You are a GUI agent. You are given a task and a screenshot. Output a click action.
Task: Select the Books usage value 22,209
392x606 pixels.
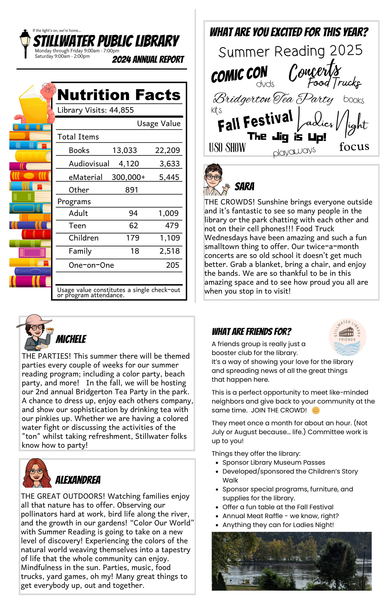(x=168, y=150)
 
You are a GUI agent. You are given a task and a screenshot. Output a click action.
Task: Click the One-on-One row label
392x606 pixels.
(x=91, y=265)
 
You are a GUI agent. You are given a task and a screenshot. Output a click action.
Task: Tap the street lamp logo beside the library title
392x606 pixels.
(x=25, y=43)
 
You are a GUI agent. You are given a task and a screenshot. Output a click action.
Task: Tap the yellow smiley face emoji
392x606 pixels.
(x=316, y=410)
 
